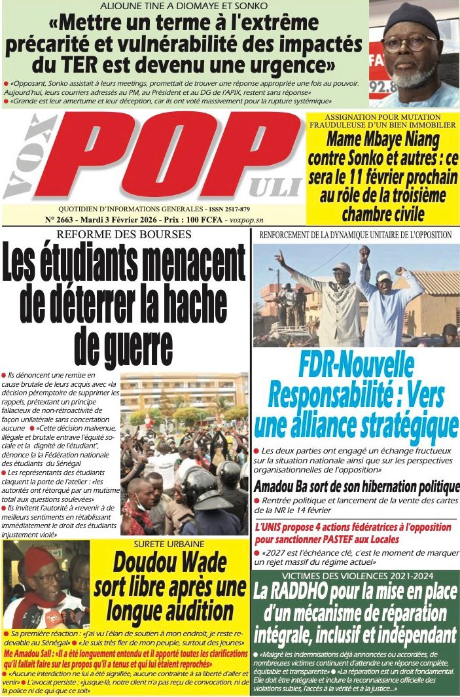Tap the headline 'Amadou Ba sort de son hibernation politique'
click(x=356, y=487)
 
